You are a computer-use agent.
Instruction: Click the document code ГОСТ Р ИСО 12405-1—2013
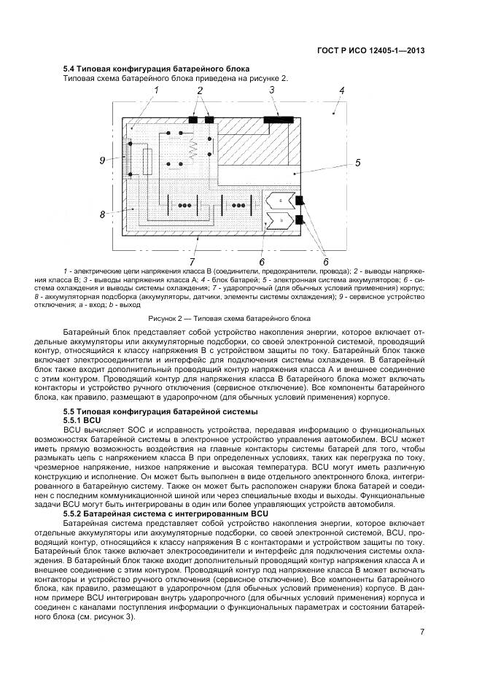371,50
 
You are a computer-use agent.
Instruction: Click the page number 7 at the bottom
421,632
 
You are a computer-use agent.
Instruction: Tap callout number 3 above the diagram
271,90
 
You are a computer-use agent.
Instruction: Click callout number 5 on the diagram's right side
358,163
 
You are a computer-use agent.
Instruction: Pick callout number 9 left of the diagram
103,160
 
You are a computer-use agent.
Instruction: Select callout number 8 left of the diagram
103,214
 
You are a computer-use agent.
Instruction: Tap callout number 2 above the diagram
200,90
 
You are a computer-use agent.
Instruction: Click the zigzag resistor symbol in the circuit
193,150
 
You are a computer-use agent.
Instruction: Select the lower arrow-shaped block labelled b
281,219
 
